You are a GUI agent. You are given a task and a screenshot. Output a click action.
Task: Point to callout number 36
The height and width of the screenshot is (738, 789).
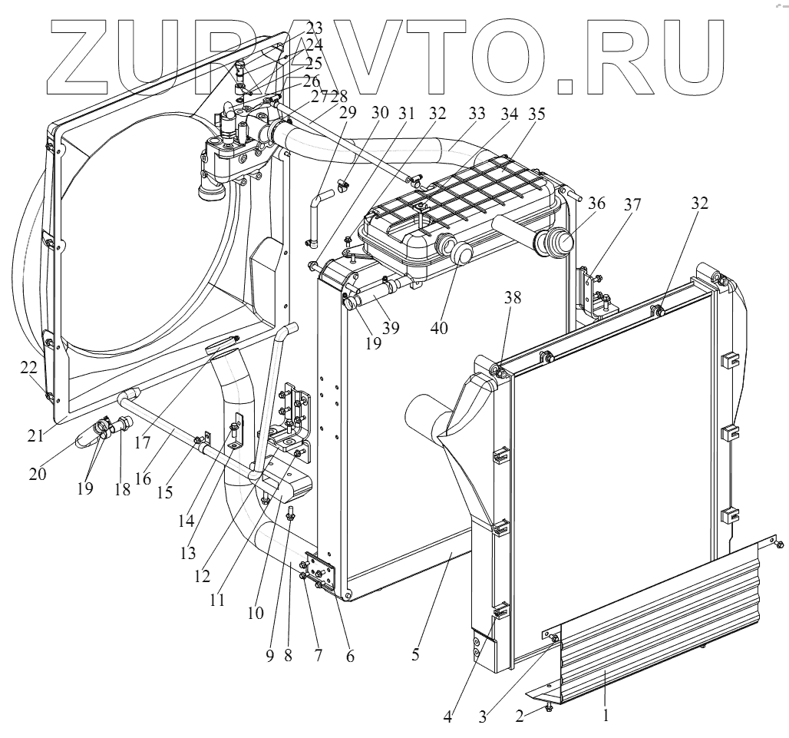click(x=596, y=204)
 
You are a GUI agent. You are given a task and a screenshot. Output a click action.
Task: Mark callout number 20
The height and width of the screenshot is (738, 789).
click(x=37, y=474)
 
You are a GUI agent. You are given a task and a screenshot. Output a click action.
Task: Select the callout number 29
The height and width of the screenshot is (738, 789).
click(x=348, y=112)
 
